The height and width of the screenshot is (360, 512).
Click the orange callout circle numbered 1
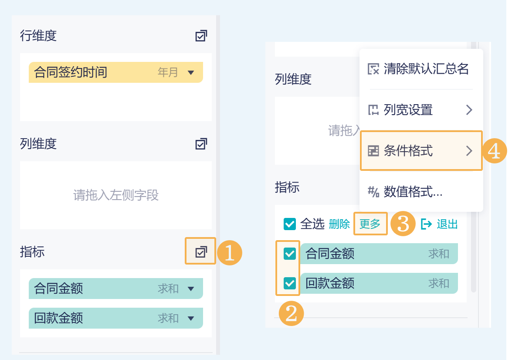click(230, 252)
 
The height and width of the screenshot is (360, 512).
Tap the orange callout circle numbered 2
click(291, 314)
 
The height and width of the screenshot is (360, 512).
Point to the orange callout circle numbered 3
click(403, 224)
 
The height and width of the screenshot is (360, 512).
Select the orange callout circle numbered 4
click(495, 151)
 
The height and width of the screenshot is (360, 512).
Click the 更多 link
click(370, 224)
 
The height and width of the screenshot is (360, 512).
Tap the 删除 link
click(339, 224)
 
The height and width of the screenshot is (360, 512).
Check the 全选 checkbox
click(290, 224)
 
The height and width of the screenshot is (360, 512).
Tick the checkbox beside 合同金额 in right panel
click(290, 254)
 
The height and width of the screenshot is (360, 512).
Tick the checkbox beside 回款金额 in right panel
click(290, 283)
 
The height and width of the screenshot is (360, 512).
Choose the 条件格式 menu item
click(421, 151)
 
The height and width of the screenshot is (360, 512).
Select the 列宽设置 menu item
click(421, 110)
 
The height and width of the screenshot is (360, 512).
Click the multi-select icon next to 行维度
click(201, 36)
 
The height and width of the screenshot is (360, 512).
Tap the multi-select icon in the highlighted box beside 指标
click(201, 252)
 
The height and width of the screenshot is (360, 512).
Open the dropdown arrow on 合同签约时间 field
click(191, 72)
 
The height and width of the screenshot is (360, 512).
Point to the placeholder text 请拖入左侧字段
click(116, 195)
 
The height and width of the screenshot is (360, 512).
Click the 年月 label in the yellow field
click(168, 72)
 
